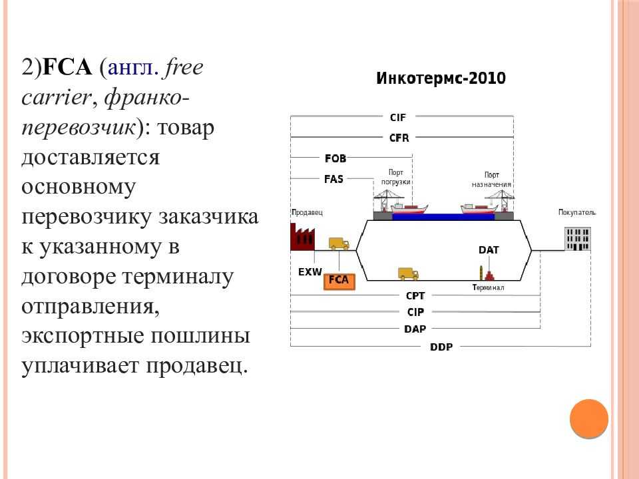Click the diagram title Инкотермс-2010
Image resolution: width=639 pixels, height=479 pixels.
[x=441, y=78]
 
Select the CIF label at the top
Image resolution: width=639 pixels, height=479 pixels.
[x=398, y=117]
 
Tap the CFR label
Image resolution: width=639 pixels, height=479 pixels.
[x=399, y=138]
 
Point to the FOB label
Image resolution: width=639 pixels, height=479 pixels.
[x=335, y=158]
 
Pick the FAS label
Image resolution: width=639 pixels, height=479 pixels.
[x=333, y=179]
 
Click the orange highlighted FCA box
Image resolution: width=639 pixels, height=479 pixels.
[x=339, y=281]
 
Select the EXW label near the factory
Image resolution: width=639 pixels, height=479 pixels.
[x=310, y=271]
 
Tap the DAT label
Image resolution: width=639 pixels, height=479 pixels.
[x=489, y=249]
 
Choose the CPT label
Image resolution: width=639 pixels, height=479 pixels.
[x=415, y=295]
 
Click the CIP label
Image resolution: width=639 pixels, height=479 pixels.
[x=415, y=312]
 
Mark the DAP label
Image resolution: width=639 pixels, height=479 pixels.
[x=415, y=329]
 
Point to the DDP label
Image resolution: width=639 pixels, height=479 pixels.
[x=441, y=347]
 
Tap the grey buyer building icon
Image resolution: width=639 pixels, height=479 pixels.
[x=578, y=239]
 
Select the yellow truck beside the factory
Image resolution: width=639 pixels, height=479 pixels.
[x=339, y=243]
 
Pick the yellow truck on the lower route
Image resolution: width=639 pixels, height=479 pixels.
[x=408, y=273]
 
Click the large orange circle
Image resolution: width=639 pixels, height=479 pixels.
[x=589, y=418]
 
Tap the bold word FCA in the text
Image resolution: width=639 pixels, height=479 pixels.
[x=67, y=67]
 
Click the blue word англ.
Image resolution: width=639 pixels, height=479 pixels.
[x=133, y=68]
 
